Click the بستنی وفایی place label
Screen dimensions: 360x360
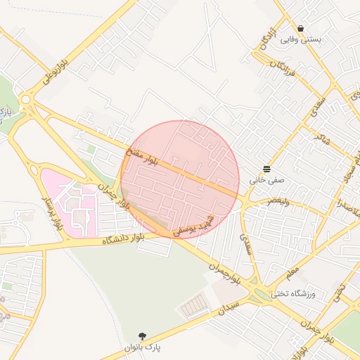[x=301, y=39]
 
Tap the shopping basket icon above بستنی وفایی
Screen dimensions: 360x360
[x=301, y=29]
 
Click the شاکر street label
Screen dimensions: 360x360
[x=324, y=127]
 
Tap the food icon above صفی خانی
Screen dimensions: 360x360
[x=267, y=169]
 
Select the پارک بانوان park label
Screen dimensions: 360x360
[x=143, y=347]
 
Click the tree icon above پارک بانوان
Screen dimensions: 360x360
[x=143, y=337]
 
